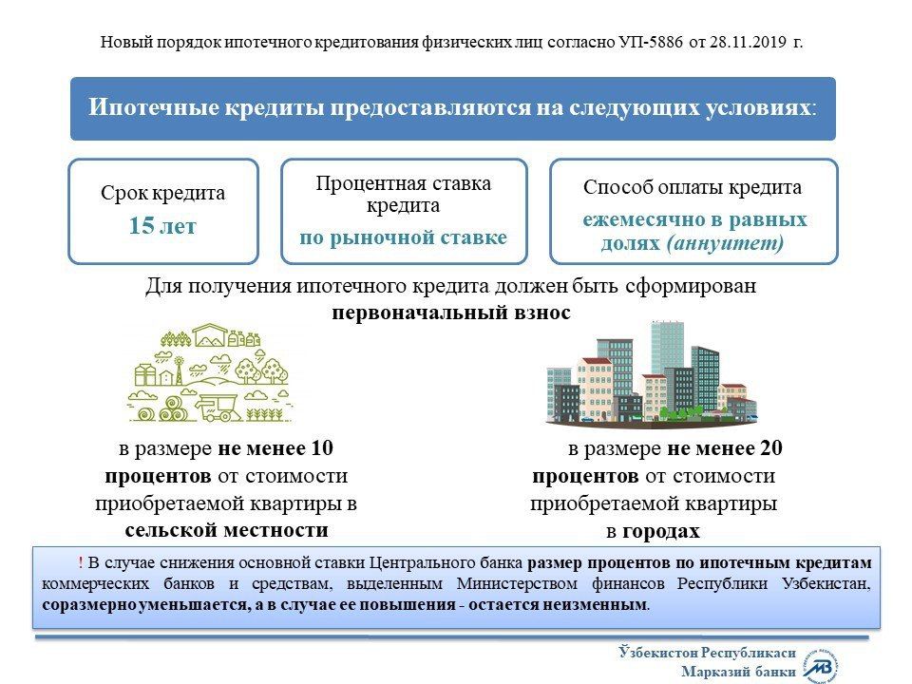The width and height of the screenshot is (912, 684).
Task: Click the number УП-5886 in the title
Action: [650, 42]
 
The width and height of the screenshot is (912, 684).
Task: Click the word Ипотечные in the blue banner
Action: [154, 108]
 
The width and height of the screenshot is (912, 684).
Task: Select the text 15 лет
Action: [162, 226]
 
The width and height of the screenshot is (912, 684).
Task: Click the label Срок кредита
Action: [162, 193]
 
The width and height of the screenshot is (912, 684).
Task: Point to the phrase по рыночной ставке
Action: [403, 237]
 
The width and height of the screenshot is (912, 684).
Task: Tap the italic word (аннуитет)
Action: [725, 242]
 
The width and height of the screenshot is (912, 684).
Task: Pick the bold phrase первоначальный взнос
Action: [451, 313]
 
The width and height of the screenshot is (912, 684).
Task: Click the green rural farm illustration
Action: [209, 372]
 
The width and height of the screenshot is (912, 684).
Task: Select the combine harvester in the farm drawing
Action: [218, 406]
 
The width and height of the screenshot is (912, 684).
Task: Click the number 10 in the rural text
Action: [322, 447]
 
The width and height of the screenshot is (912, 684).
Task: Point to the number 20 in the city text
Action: [771, 447]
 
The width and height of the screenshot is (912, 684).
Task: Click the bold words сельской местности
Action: [226, 530]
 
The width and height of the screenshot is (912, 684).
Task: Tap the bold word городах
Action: [661, 531]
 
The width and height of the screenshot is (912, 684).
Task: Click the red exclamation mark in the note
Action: [80, 562]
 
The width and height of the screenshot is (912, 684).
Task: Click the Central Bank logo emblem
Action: [821, 665]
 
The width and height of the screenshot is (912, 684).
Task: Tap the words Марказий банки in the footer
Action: [739, 673]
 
